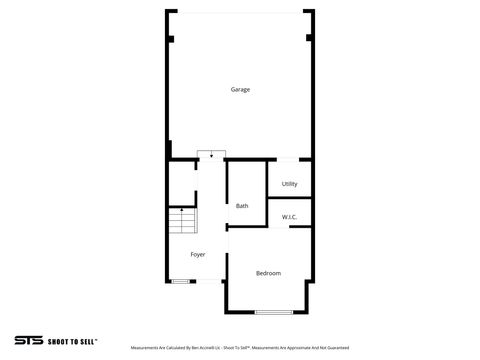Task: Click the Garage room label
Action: tap(240, 90)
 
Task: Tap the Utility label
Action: tap(289, 184)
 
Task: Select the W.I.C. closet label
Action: tap(289, 217)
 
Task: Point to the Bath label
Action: tap(242, 206)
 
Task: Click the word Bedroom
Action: tap(268, 273)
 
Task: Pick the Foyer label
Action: tap(198, 255)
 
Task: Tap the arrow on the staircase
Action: tap(181, 211)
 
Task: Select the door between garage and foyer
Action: tap(211, 155)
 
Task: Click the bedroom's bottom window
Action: tap(272, 312)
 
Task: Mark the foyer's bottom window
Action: tap(181, 282)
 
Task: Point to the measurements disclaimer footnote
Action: tap(241, 348)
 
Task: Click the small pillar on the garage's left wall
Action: tap(170, 39)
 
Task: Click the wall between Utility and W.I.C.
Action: tap(290, 198)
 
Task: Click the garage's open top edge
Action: tap(240, 12)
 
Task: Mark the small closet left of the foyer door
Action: tap(180, 181)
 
